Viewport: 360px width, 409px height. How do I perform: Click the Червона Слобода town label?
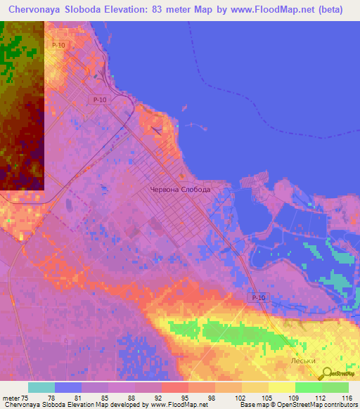[x=181, y=190]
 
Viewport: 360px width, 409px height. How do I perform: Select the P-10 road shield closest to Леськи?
[x=258, y=298]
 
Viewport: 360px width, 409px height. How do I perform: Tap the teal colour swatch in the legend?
[x=41, y=387]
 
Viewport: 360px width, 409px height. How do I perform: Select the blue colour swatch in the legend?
[x=68, y=387]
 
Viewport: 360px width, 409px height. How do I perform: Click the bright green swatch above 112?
[x=308, y=387]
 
